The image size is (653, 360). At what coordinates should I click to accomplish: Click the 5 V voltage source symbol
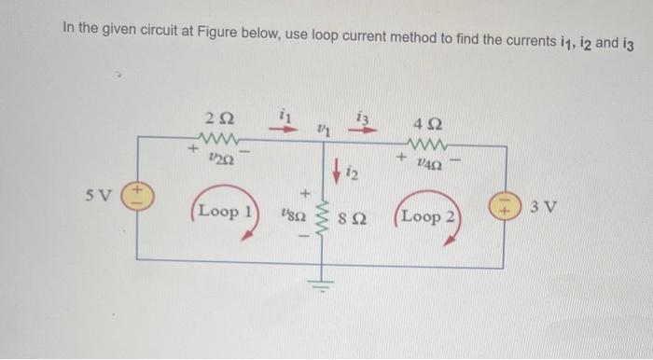[x=135, y=201]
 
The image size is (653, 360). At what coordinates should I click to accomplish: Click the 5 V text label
[x=104, y=197]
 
